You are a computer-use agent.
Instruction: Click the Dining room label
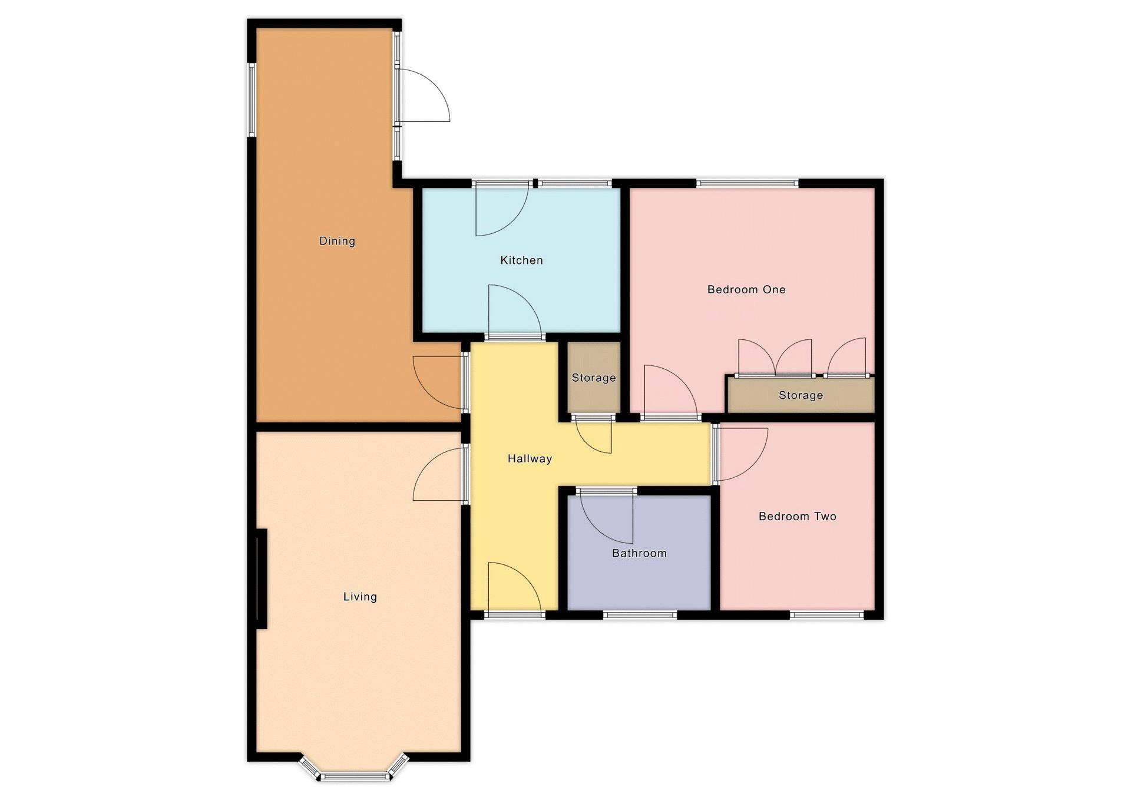337,241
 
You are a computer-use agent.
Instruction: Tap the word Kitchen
521,260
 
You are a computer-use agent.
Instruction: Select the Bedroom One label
746,289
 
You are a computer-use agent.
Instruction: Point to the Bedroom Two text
797,517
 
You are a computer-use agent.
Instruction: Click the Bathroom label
639,553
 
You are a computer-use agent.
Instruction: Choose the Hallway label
530,458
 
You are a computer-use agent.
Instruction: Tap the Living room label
360,597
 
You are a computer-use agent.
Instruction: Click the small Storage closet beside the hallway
594,378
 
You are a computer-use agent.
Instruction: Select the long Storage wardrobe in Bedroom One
801,395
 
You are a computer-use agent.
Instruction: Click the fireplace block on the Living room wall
262,578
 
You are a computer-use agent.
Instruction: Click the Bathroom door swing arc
606,517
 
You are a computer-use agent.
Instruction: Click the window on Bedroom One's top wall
748,183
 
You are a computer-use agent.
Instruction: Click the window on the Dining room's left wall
252,100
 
